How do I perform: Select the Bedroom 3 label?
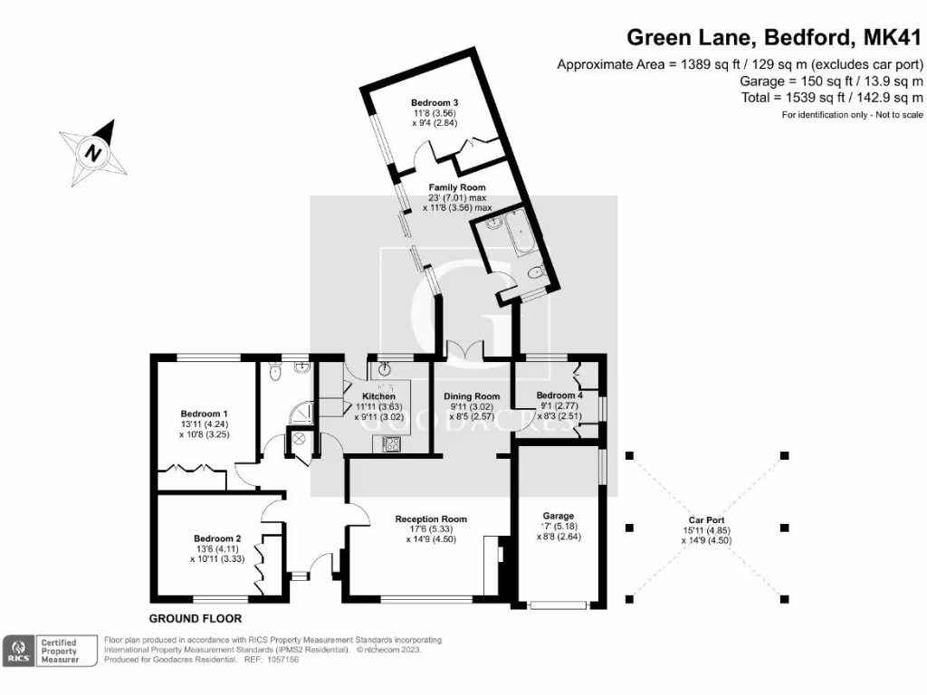click(x=434, y=102)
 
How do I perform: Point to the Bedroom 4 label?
click(x=559, y=395)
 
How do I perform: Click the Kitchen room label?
click(x=379, y=396)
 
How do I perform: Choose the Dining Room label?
click(x=471, y=396)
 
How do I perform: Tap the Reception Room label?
click(x=431, y=519)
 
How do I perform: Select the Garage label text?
click(x=559, y=516)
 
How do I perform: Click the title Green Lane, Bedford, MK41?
click(x=775, y=39)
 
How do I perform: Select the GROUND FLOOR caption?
click(x=195, y=619)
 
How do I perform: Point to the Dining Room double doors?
click(x=464, y=350)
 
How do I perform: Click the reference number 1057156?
click(x=279, y=660)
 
